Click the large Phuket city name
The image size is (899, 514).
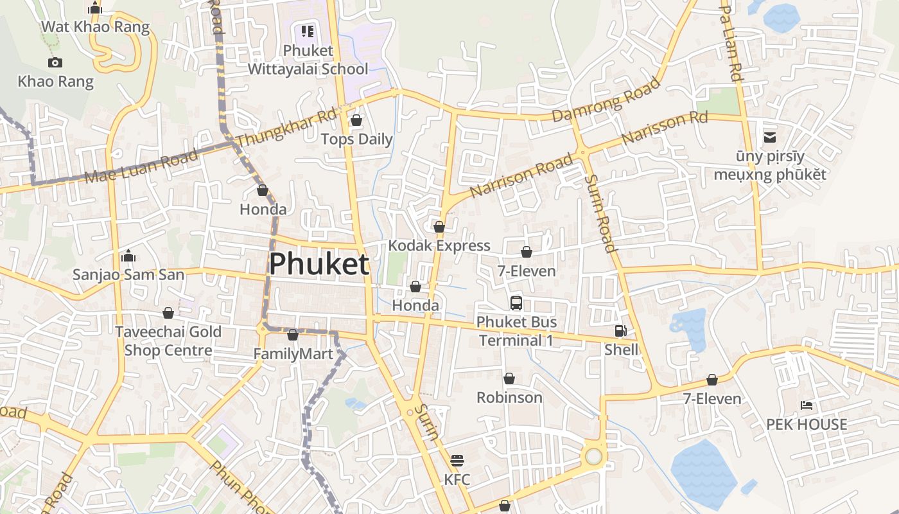tap(319, 264)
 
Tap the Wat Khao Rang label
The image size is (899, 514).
tap(95, 27)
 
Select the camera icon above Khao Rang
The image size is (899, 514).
tap(55, 62)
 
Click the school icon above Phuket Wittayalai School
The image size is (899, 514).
tap(308, 31)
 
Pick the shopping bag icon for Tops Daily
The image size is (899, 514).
tap(356, 120)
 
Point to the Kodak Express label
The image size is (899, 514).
tap(439, 245)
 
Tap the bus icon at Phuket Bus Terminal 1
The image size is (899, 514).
tap(516, 303)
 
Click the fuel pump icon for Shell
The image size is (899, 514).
tap(621, 331)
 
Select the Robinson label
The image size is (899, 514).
tap(509, 397)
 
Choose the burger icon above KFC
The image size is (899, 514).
tap(457, 461)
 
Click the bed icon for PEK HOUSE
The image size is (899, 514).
tap(807, 405)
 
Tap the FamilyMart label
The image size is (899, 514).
tap(293, 354)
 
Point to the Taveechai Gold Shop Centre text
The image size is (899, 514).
tap(168, 341)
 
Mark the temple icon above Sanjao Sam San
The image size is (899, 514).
tap(128, 256)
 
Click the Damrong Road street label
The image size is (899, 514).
tap(606, 100)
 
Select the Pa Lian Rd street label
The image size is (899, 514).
tap(731, 43)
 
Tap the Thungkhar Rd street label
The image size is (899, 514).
tap(286, 128)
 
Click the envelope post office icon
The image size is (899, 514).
tap(769, 137)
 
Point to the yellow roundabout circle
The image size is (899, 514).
tap(593, 456)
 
